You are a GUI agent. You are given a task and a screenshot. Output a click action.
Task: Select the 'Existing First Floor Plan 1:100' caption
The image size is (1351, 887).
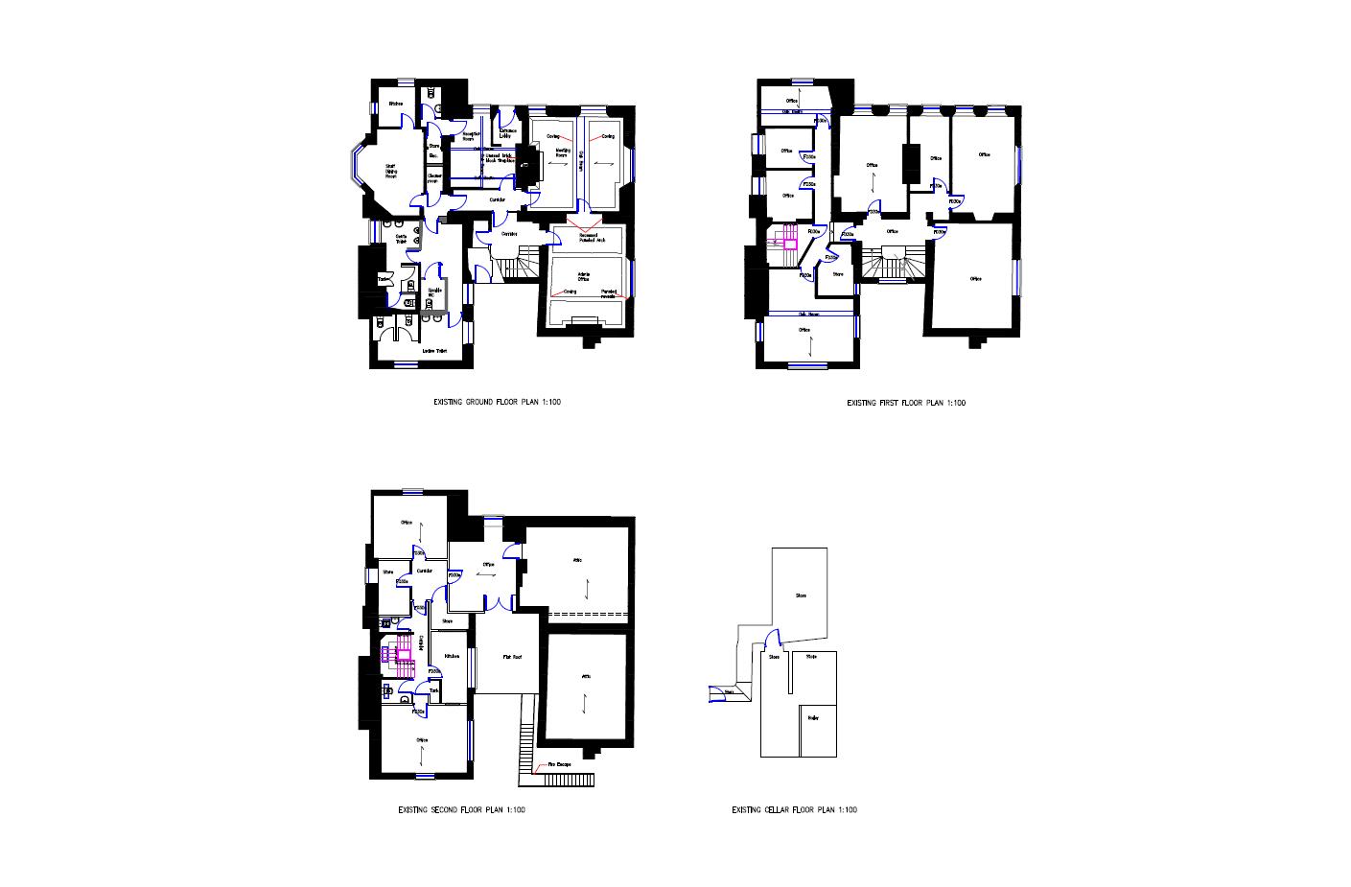[x=906, y=403]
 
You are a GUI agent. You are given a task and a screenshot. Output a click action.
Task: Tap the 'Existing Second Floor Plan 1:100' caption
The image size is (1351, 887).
[x=462, y=810]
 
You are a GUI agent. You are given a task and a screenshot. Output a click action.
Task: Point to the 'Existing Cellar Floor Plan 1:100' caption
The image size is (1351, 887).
[x=795, y=810]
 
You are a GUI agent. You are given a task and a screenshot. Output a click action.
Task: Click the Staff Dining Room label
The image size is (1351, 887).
[x=391, y=171]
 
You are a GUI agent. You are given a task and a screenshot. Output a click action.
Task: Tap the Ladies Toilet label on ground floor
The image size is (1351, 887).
[x=435, y=351]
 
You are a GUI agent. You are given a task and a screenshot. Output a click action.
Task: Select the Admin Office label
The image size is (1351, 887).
[x=583, y=277]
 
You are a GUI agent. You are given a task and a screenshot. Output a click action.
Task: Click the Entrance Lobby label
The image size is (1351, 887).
[x=507, y=133]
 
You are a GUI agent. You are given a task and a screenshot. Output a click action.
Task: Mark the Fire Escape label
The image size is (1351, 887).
[x=560, y=765]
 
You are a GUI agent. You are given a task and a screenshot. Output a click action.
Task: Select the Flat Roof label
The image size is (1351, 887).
[x=512, y=658]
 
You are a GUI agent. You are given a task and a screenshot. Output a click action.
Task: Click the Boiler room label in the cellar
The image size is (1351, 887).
[x=813, y=717]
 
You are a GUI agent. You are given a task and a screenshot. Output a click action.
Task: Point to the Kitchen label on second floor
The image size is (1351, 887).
[x=452, y=656]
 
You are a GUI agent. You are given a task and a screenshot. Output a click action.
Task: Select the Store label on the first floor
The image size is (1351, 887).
[x=838, y=274]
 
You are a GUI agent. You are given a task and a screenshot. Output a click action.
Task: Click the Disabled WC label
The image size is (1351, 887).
[x=433, y=292]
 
